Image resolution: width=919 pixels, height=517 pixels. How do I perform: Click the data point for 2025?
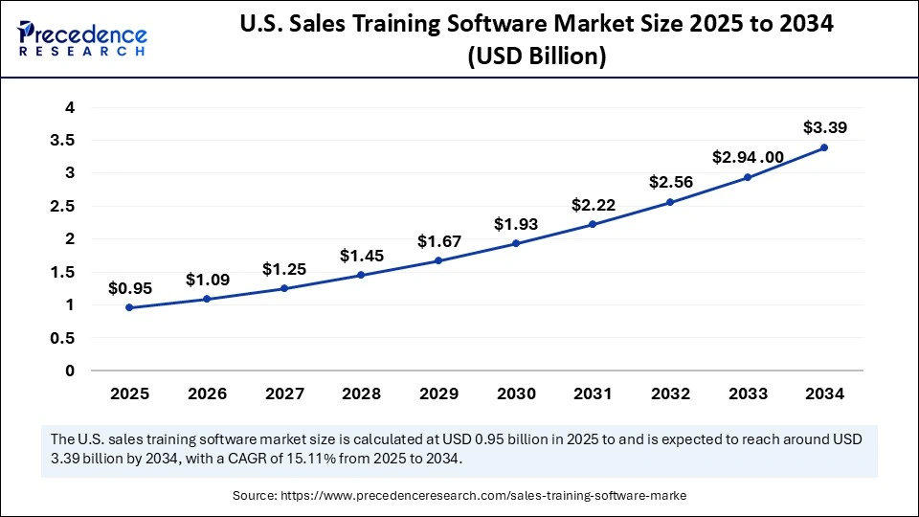129,307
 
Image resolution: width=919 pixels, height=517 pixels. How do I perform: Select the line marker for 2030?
516,243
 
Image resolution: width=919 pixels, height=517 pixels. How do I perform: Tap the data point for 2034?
824,147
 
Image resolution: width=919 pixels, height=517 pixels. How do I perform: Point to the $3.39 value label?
824,126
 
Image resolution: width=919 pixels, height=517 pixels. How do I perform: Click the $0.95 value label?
129,286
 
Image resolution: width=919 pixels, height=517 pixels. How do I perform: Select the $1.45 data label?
361,256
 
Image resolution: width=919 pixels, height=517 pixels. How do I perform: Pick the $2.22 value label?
593,204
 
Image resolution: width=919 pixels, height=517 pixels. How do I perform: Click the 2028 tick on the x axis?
361,393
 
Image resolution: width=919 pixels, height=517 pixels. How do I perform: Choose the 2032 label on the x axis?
670,393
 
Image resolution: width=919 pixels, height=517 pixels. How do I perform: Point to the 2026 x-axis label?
207,393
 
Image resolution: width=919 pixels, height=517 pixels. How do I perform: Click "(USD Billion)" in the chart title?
535,56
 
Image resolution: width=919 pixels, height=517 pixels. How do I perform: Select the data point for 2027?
284,288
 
